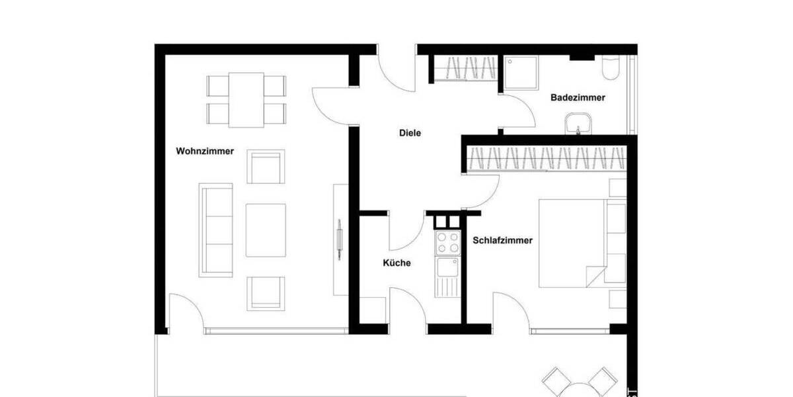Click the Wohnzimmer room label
coord(205,151)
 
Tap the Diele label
coord(410,133)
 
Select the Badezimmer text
coord(578,97)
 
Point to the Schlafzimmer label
coord(502,241)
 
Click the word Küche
coord(397,263)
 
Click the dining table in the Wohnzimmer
coord(246,99)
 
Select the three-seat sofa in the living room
coord(216,230)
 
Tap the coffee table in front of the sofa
coord(266,230)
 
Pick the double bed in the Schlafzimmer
coord(572,243)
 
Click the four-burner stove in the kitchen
coord(447,243)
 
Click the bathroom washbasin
coord(579,124)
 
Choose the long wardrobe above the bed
coord(546,159)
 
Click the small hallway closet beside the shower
coord(467,68)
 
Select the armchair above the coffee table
coord(266,166)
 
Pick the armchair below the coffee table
coord(266,293)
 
